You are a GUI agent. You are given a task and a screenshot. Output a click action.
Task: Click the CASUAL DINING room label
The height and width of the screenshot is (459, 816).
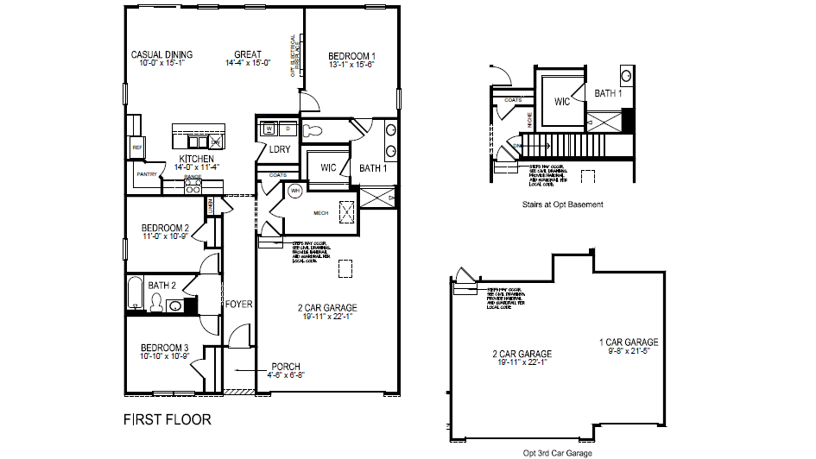tap(161, 55)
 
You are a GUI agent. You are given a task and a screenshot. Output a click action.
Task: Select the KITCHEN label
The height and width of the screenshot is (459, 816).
tap(196, 160)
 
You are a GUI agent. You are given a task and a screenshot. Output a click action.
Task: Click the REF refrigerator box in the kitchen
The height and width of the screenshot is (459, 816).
tap(136, 148)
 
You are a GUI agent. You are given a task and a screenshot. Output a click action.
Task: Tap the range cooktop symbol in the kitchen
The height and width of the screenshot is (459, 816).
tap(193, 185)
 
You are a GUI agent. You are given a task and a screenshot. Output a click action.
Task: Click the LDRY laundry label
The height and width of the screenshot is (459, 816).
tap(279, 149)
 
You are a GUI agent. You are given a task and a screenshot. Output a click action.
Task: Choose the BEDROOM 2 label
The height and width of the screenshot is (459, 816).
tap(165, 229)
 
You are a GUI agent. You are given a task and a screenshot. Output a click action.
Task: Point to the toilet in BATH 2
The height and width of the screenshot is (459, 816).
tap(157, 302)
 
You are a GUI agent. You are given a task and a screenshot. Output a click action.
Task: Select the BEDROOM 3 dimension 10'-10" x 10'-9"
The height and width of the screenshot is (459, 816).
tap(165, 355)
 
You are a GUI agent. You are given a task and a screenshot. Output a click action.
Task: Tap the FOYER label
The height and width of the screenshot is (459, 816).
tap(239, 304)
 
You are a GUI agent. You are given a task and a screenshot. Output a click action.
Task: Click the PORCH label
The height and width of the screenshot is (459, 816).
tap(286, 366)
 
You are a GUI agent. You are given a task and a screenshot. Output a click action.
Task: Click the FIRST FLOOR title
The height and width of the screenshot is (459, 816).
tap(167, 420)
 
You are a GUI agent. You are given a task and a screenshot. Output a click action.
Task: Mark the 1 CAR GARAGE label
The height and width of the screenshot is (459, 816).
tap(629, 343)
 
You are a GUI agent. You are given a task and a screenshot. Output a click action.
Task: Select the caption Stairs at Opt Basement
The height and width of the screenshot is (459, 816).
tap(562, 204)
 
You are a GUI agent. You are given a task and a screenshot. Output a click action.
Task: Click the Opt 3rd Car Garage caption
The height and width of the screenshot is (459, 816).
tap(557, 452)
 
